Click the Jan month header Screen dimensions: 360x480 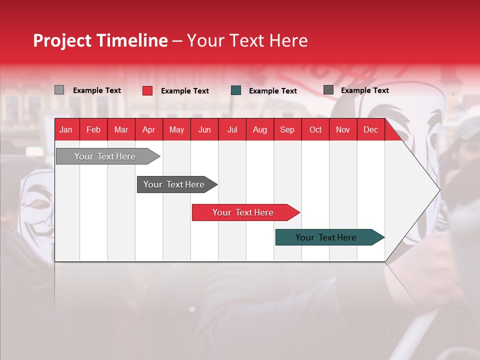click(x=66, y=129)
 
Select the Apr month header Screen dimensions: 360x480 click(x=148, y=129)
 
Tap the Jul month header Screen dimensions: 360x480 click(x=232, y=129)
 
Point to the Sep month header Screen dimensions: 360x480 click(x=287, y=129)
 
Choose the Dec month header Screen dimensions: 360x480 click(x=370, y=129)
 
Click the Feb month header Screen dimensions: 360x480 click(x=93, y=129)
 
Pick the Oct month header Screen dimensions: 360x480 click(x=315, y=129)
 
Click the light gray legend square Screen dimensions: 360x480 click(x=59, y=90)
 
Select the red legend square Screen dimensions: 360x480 click(x=147, y=90)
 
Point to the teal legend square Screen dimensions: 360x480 click(x=236, y=90)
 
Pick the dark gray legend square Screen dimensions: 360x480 click(x=328, y=90)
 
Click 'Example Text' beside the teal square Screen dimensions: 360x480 click(x=273, y=91)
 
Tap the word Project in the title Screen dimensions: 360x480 click(x=62, y=40)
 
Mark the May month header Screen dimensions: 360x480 click(x=176, y=129)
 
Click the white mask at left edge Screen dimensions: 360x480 click(x=37, y=205)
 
